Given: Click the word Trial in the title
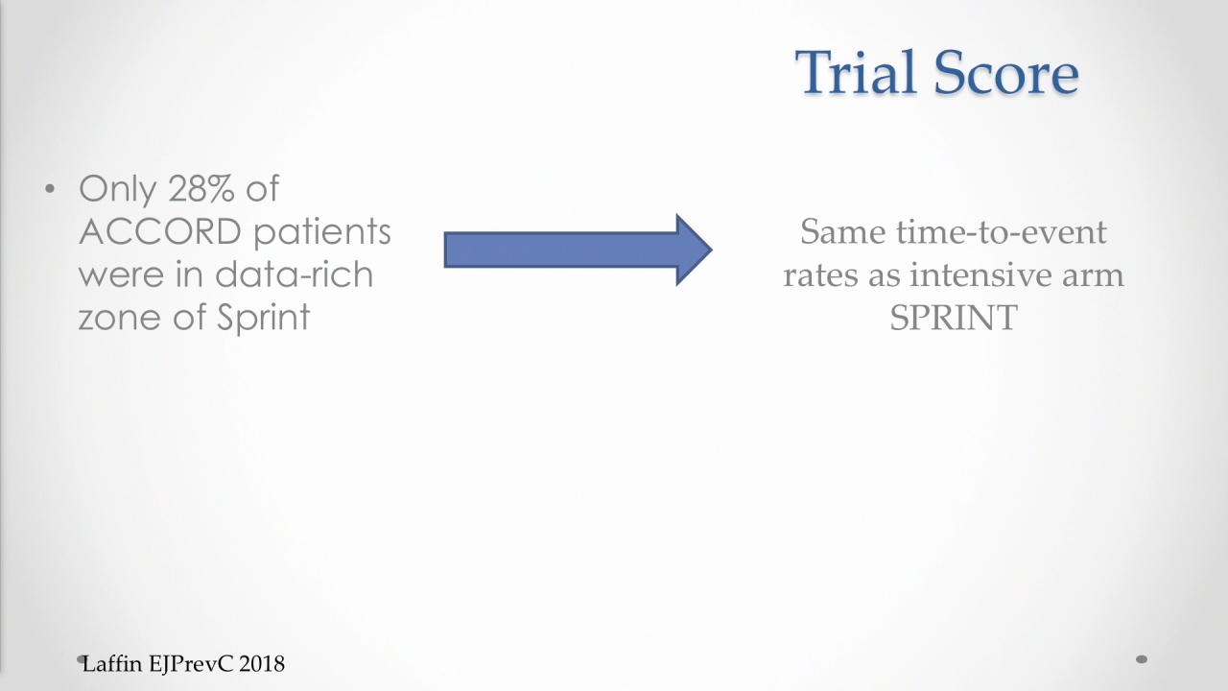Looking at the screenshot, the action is (857, 72).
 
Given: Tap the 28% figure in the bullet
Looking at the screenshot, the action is (201, 189).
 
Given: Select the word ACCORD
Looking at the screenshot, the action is (160, 231).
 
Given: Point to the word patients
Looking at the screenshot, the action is (322, 232).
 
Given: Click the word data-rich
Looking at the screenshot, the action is (294, 274).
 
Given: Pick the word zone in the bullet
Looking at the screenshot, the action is (120, 318).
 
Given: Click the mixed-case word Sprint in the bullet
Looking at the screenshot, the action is (263, 318).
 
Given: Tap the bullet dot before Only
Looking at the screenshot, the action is (50, 190).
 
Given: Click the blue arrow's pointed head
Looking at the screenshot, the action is (712, 250).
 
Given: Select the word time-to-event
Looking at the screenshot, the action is (1002, 231).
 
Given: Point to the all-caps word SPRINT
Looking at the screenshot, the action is (954, 317).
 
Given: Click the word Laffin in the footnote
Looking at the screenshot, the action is (112, 664).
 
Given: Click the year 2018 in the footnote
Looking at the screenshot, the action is (262, 664).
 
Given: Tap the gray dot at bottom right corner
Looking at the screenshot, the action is (1142, 659).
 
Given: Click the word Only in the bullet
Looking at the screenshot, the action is (117, 190).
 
